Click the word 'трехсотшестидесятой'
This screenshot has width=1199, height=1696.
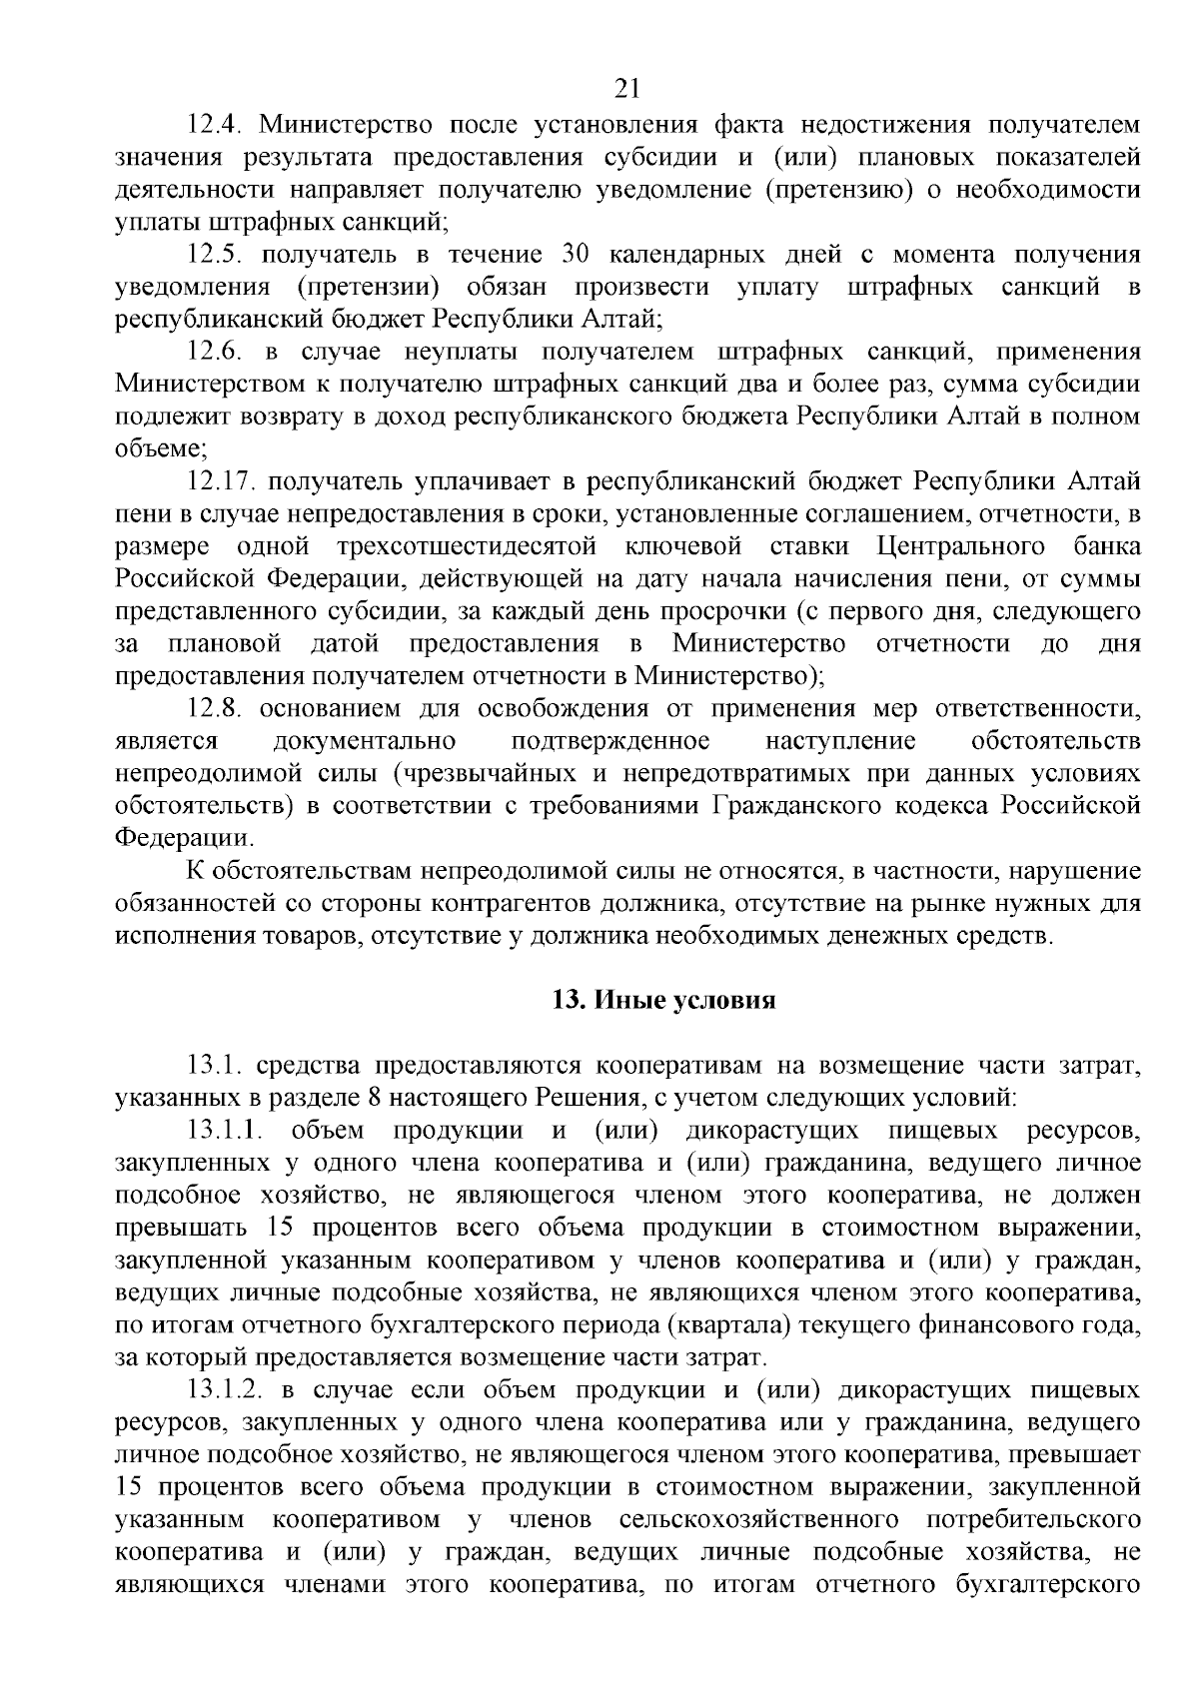(468, 547)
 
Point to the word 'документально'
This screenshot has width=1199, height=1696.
(365, 742)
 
